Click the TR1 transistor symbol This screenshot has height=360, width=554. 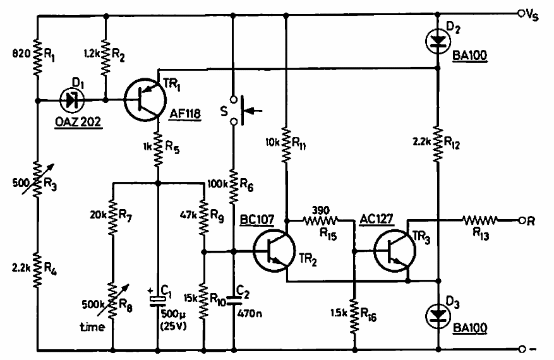[145, 100]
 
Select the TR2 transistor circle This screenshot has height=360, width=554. [274, 251]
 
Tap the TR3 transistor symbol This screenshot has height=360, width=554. [394, 251]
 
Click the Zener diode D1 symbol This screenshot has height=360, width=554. [72, 100]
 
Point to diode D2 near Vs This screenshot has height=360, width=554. [438, 41]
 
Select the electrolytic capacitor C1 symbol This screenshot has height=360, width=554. [157, 301]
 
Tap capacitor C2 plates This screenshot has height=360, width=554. [234, 301]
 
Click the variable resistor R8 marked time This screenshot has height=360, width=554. [112, 300]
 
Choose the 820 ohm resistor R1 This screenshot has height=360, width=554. [37, 57]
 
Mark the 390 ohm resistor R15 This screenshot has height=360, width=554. [321, 221]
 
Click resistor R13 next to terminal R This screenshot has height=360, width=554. [481, 221]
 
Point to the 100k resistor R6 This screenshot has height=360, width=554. [234, 187]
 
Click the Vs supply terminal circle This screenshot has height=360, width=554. [521, 14]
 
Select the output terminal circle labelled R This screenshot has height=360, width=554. [522, 221]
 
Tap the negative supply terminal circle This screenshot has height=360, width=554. [522, 349]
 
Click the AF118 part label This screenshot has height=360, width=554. [185, 114]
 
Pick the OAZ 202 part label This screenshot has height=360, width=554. [78, 122]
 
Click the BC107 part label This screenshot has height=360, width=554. [257, 219]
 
